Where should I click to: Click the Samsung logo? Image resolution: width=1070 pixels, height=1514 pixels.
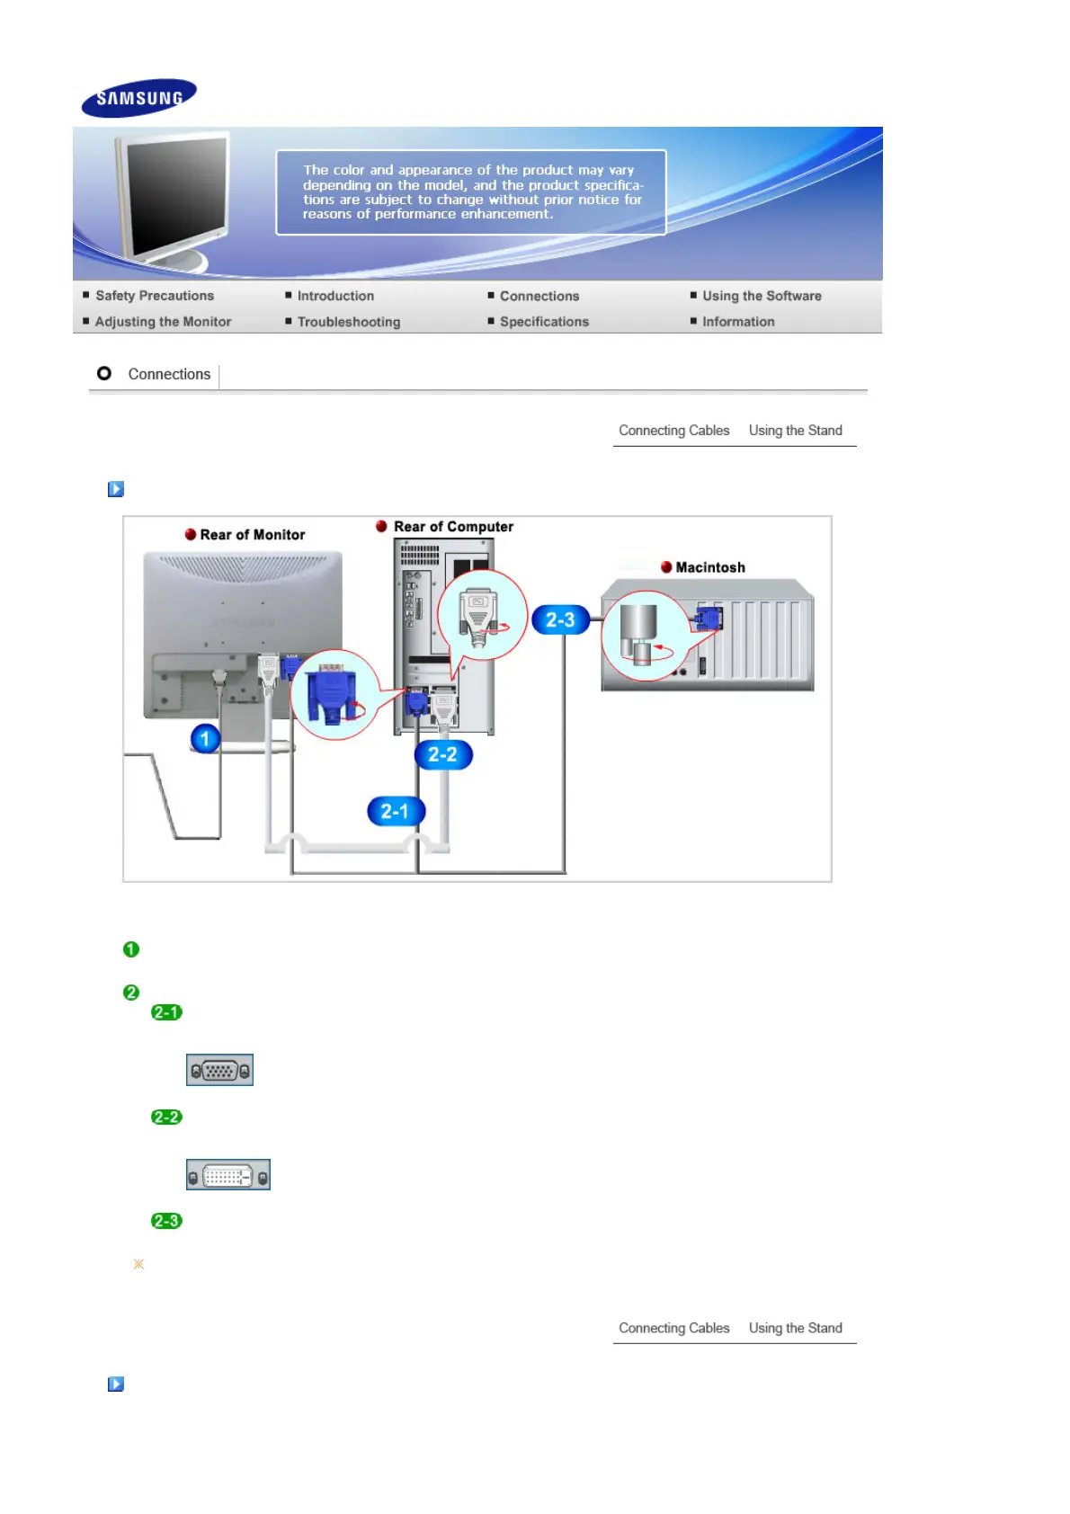pos(138,98)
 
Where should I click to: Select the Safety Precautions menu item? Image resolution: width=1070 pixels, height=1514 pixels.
pos(155,296)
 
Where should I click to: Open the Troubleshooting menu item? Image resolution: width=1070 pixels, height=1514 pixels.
pos(348,322)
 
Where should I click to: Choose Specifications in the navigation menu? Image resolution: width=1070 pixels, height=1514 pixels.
pos(544,322)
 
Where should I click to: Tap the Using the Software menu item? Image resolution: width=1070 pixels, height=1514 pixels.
pos(762,296)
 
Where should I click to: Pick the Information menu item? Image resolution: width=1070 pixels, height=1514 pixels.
pos(738,322)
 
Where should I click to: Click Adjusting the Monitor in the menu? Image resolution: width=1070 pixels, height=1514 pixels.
pos(163,322)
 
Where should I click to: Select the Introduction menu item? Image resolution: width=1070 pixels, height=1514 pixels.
pos(335,296)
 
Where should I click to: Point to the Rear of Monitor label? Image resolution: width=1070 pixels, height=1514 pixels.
pos(252,535)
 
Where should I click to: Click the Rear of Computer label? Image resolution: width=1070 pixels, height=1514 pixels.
pos(453,527)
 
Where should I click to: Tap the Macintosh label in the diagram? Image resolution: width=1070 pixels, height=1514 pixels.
pos(709,567)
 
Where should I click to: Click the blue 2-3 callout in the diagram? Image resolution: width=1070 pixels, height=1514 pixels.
pos(560,620)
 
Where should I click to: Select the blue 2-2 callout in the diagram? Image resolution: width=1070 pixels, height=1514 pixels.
pos(443,755)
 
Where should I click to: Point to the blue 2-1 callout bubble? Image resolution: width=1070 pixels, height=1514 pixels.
pos(396,812)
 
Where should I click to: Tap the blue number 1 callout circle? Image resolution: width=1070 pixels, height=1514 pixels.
pos(205,739)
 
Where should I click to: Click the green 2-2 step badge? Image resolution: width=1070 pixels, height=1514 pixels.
pos(166,1118)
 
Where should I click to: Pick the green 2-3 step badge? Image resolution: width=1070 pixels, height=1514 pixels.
pos(166,1221)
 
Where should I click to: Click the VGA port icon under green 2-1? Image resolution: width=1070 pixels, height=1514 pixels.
pos(219,1070)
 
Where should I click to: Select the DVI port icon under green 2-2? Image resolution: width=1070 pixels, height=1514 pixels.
pos(227,1175)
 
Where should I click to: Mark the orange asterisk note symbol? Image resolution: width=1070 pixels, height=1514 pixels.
pos(138,1264)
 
